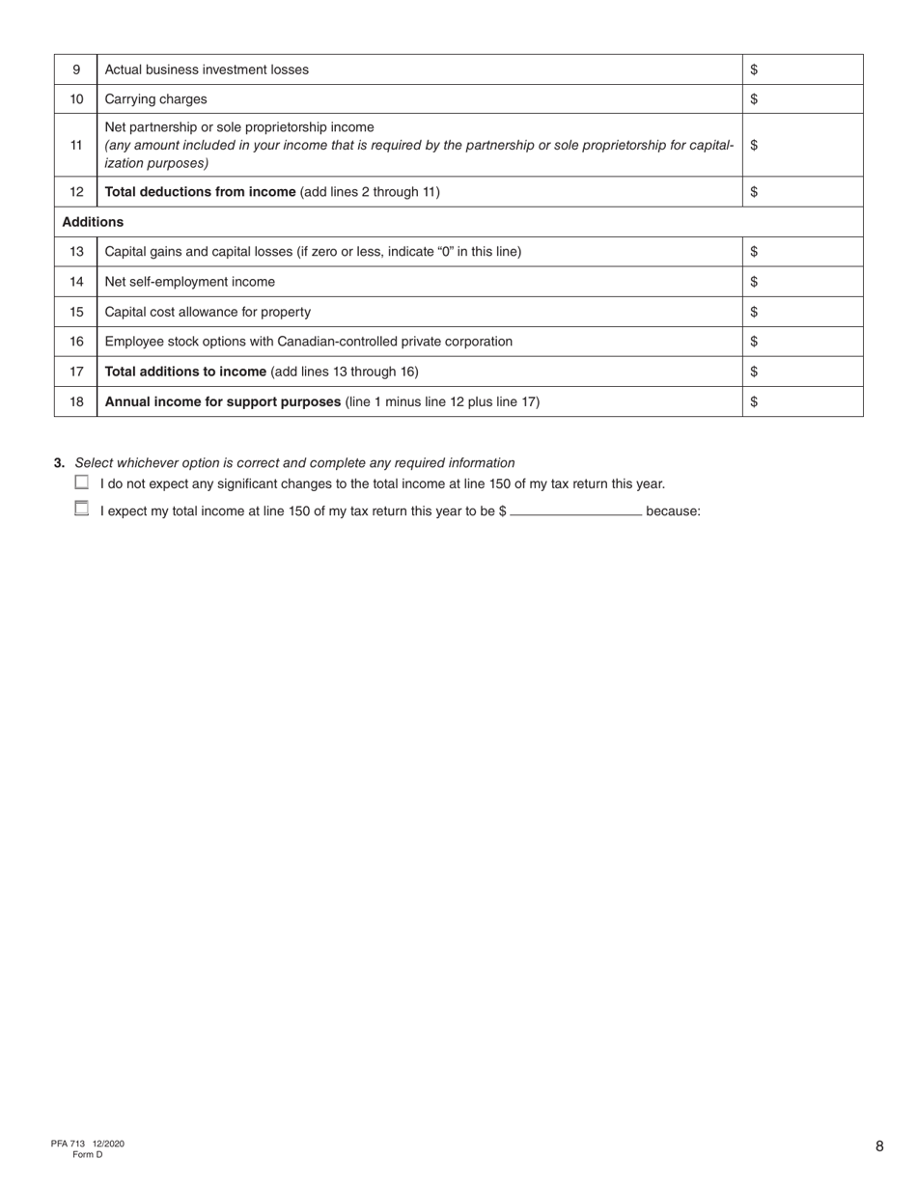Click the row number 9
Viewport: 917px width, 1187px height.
76,69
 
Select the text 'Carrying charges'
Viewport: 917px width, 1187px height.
155,99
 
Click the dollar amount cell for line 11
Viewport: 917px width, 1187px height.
802,145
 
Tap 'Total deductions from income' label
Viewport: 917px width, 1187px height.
200,192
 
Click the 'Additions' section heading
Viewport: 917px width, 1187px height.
93,222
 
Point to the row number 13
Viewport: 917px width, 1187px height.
76,252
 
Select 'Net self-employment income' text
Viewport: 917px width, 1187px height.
189,282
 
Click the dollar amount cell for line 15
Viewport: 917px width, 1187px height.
802,312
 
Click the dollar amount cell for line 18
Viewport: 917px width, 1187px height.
802,401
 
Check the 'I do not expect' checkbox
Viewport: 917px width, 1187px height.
81,483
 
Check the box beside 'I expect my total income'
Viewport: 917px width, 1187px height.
81,509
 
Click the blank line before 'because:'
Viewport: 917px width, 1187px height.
575,511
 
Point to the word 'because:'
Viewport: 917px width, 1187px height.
673,511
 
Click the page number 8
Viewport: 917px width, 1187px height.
879,1146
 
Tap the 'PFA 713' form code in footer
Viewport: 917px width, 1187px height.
69,1144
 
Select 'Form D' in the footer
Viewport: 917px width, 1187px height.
87,1154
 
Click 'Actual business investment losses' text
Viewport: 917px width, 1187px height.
207,69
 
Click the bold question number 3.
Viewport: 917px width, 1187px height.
60,463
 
